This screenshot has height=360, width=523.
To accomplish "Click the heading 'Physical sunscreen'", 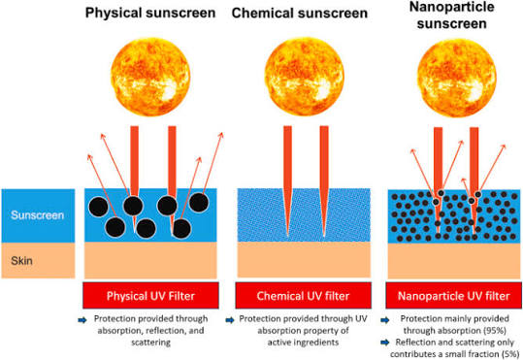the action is [150, 14].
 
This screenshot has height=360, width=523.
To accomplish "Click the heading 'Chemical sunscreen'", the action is [300, 14].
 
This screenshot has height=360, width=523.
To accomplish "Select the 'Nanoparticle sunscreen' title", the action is [451, 16].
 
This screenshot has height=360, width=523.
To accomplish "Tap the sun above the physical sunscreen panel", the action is [150, 77].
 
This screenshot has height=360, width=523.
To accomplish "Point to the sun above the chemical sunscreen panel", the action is [305, 77].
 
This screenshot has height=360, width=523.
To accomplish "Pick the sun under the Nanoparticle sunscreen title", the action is [457, 77].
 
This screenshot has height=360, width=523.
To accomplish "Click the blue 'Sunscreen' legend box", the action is [38, 215].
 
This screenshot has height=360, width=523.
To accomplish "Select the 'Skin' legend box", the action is [38, 260].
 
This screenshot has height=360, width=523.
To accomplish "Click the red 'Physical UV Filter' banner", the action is [150, 295].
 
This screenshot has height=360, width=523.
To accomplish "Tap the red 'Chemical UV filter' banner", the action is [303, 295].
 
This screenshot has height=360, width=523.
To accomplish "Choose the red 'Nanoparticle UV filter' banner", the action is [454, 295].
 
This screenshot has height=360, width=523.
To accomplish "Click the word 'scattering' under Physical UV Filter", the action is [150, 343].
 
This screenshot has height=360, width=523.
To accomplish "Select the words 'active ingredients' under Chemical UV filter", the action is [303, 343].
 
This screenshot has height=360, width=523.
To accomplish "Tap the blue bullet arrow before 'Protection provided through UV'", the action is [230, 320].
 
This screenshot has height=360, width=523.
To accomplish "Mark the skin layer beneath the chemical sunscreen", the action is [304, 259].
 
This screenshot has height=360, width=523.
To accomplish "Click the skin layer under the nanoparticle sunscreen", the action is [454, 261].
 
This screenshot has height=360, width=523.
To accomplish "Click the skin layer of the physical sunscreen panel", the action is [150, 260].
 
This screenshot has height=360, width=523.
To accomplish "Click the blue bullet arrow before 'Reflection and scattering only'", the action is [385, 343].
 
